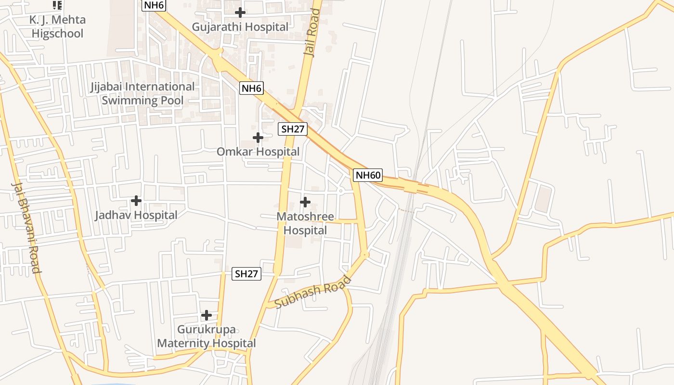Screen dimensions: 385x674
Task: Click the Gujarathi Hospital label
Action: point(240,27)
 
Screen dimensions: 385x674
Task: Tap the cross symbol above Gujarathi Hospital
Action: point(240,13)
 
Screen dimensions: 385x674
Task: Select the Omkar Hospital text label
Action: point(258,152)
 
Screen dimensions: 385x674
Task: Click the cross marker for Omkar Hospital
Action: point(258,138)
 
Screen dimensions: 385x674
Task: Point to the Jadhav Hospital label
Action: point(136,215)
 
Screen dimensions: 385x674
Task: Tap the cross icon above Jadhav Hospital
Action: point(136,200)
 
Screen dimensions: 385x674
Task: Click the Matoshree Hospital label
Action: point(305,224)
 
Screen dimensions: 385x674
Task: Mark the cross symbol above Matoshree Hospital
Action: point(305,202)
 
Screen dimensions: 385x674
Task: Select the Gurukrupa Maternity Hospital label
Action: point(206,336)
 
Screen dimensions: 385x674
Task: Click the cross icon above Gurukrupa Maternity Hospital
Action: point(207,315)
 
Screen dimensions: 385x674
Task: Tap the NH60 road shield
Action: point(368,175)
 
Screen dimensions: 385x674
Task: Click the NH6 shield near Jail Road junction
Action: point(251,88)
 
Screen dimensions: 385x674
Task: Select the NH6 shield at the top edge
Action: point(154,5)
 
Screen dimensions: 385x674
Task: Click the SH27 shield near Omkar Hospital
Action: point(292,128)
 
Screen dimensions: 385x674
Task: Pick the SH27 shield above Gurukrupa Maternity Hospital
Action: point(246,274)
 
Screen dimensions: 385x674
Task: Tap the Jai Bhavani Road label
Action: point(26,227)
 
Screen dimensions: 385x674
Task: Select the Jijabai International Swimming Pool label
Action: point(143,93)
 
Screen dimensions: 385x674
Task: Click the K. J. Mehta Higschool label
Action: point(57,26)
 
